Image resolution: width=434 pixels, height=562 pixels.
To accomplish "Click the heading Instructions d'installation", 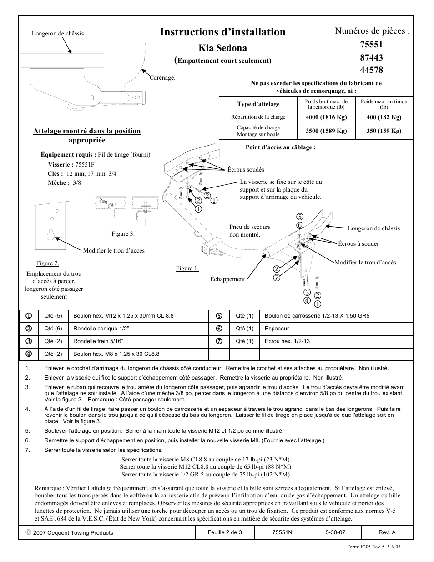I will pyautogui.click(x=223, y=32).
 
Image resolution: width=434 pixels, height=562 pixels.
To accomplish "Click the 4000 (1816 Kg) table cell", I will pyautogui.click(x=327, y=117).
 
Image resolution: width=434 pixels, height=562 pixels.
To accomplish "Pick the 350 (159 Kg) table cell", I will pyautogui.click(x=384, y=131).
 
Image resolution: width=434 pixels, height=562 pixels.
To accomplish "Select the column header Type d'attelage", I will pyautogui.click(x=258, y=104).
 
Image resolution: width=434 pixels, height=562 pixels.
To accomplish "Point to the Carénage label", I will pyautogui.click(x=162, y=78).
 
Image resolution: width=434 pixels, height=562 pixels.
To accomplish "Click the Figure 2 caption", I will pyautogui.click(x=48, y=263).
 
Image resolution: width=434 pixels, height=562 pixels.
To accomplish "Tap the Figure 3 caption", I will pyautogui.click(x=123, y=234).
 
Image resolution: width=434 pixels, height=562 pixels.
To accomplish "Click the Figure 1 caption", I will pyautogui.click(x=187, y=268).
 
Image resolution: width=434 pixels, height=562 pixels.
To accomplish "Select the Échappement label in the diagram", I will pyautogui.click(x=227, y=279).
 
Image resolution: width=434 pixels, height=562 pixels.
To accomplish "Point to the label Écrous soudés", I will pyautogui.click(x=246, y=170).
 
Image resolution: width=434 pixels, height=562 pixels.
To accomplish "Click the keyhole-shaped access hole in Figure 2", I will pyautogui.click(x=51, y=234).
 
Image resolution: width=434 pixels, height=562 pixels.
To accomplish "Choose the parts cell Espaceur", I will pyautogui.click(x=277, y=329).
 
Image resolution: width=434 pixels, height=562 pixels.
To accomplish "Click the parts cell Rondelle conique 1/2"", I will pyautogui.click(x=101, y=329).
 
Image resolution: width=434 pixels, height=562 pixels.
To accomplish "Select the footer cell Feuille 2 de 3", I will pyautogui.click(x=225, y=532).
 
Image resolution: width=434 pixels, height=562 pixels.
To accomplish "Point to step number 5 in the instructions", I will pyautogui.click(x=28, y=431).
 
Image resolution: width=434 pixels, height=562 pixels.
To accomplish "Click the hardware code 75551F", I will pyautogui.click(x=85, y=165).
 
